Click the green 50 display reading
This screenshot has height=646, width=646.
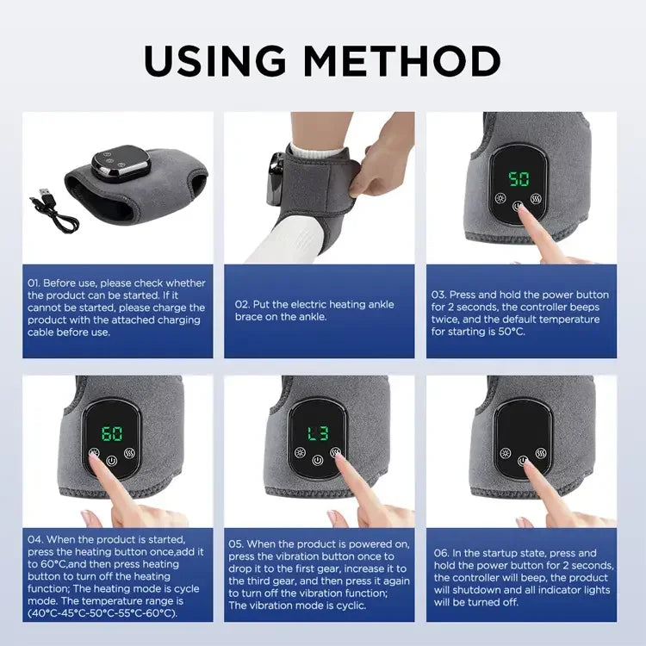(519, 180)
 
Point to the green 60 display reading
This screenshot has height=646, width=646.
(113, 434)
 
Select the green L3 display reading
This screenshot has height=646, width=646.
(318, 434)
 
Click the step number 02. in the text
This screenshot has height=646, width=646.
(243, 304)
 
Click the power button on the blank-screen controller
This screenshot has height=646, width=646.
(522, 461)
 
